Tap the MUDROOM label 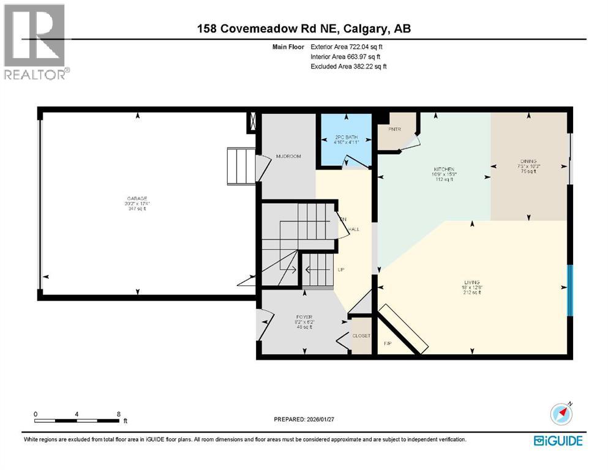(x=288, y=156)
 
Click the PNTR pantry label (x=394, y=129)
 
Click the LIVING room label (x=471, y=283)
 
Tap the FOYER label (x=304, y=318)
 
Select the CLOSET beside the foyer (x=361, y=336)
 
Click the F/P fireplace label (x=388, y=344)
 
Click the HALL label (x=353, y=229)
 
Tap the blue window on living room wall (x=570, y=290)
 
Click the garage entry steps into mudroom (x=239, y=165)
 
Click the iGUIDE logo (x=558, y=441)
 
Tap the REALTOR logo (x=36, y=42)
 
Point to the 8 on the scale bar (x=118, y=414)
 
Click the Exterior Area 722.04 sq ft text (x=347, y=47)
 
